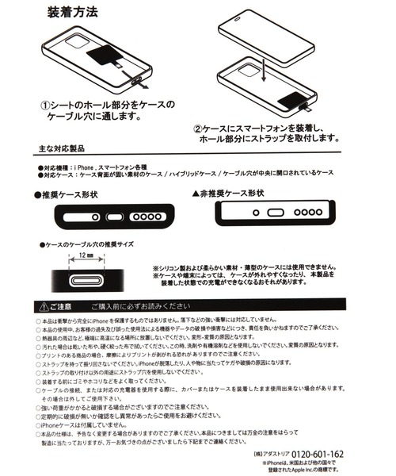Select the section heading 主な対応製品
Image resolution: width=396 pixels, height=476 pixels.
coord(69,149)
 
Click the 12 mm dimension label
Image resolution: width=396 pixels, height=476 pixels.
coord(86,256)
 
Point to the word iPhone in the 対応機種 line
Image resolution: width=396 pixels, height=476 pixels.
coord(83,169)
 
